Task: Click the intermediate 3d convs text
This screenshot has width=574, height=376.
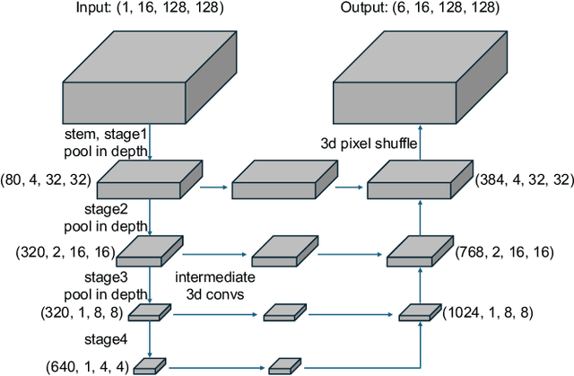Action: pos(213,283)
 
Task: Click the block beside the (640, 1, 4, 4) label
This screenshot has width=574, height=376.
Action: pos(151,365)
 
